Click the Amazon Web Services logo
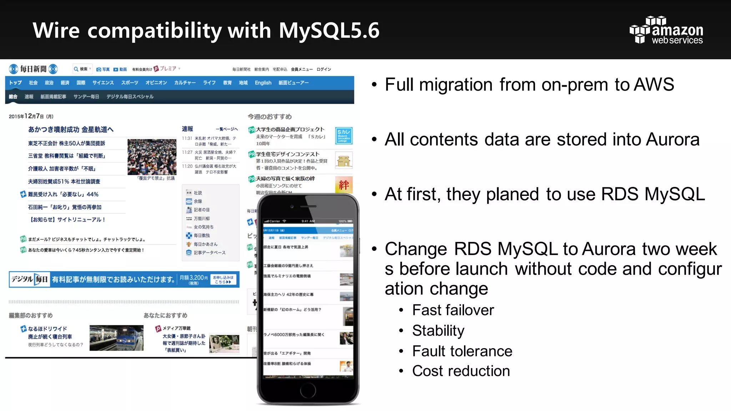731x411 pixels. click(666, 30)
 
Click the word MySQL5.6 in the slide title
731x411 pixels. click(329, 30)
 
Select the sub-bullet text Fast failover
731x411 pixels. click(453, 310)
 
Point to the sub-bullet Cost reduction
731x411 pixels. click(461, 371)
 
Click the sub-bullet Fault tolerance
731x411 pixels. click(462, 351)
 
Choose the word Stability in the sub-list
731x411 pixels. click(438, 331)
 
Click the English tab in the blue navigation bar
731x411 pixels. click(263, 83)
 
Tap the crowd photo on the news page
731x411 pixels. click(152, 157)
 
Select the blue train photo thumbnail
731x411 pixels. click(116, 338)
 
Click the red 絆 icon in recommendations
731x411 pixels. click(344, 185)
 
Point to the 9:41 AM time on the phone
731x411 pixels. click(308, 221)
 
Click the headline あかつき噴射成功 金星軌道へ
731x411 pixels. click(71, 130)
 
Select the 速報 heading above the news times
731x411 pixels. click(187, 129)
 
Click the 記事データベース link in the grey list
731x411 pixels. click(209, 253)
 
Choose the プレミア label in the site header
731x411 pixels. click(167, 68)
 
